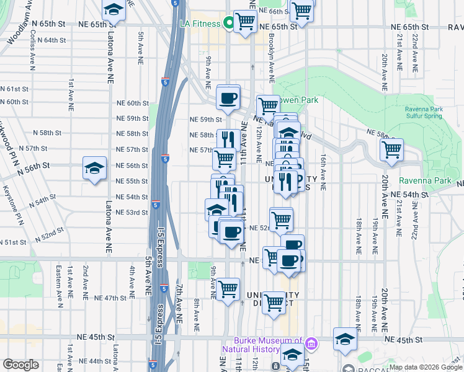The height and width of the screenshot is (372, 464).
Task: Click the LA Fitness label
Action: [200, 24]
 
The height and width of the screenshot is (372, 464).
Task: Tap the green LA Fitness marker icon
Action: [228, 24]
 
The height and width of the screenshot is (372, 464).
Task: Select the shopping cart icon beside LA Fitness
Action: [246, 22]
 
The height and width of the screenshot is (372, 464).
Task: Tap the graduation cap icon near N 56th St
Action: [94, 168]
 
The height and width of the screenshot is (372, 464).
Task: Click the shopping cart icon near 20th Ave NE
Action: [391, 150]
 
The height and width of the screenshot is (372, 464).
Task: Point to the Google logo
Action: [20, 364]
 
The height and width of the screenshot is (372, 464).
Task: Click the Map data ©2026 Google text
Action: [425, 367]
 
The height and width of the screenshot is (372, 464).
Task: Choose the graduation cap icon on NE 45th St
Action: [345, 339]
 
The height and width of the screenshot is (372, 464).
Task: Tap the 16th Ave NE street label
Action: [323, 171]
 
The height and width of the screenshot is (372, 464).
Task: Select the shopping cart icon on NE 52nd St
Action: [281, 219]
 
